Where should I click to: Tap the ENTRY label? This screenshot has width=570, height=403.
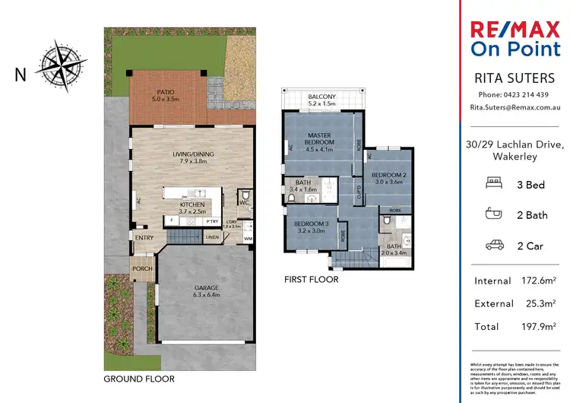144,238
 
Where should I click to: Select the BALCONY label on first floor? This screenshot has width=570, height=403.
322,97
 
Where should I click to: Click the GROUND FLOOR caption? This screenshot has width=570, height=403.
139,378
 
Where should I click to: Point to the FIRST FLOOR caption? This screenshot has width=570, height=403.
311,279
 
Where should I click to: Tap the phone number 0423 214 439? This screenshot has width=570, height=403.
524,94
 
